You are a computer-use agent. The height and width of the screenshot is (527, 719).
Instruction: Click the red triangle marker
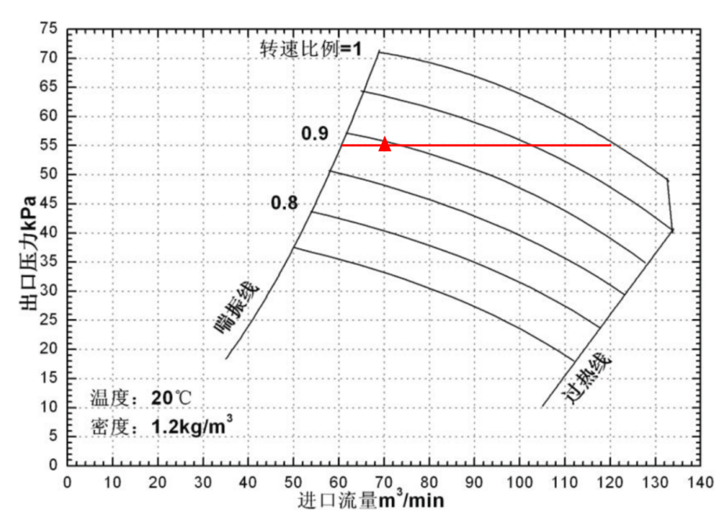[385, 144]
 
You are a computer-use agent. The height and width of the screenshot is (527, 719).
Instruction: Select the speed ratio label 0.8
[284, 202]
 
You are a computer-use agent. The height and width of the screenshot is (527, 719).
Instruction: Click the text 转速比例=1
[311, 49]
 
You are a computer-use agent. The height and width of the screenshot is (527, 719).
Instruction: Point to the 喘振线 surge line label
[237, 307]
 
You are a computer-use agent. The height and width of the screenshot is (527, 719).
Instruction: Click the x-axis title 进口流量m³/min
[371, 501]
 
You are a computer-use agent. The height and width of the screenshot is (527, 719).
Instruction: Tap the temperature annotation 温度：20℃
[141, 398]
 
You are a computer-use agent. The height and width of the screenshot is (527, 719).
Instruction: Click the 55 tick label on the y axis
[50, 146]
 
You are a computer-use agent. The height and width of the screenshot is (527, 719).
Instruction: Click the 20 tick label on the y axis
[50, 349]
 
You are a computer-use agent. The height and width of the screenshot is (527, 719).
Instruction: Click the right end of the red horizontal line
[610, 145]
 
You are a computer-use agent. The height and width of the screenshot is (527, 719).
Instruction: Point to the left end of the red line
[341, 145]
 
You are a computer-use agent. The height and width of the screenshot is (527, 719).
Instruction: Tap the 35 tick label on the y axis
[50, 262]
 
